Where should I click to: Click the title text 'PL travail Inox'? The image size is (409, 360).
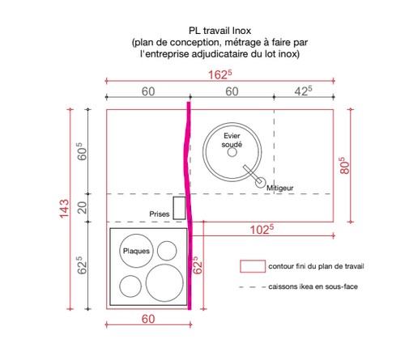219,31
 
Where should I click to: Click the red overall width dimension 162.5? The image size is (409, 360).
219,74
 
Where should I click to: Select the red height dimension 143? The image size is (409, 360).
64,209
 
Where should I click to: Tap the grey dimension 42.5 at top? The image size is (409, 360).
304,91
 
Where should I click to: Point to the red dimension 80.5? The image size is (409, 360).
345,166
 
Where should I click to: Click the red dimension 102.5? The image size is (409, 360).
262,230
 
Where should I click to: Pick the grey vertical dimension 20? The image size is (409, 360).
82,208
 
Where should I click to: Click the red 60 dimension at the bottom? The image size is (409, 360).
148,319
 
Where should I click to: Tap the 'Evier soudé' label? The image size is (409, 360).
232,140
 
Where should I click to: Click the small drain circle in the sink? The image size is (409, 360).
232,152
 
